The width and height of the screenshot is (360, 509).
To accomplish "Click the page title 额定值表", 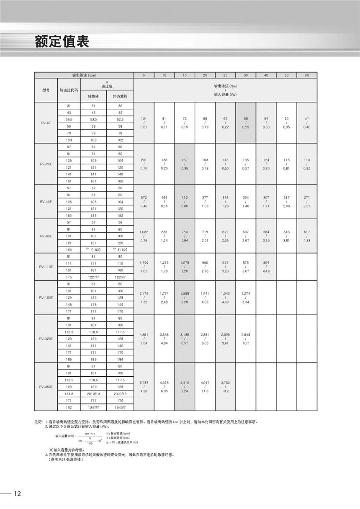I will [62, 42].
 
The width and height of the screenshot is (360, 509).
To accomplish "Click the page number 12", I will [17, 494].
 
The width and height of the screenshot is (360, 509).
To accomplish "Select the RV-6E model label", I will [46, 123].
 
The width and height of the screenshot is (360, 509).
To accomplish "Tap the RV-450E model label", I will [46, 387].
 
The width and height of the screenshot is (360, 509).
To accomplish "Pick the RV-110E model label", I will [46, 267].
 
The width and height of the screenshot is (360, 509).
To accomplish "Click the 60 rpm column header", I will [307, 75].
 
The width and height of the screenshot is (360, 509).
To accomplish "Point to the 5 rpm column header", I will [144, 75].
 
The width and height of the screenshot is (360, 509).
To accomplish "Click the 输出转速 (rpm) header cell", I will [84, 75].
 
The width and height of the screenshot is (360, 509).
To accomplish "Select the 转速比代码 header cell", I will [69, 90].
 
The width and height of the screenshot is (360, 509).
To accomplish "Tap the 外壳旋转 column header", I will [120, 96].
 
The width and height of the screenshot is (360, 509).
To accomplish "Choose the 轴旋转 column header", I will [93, 96].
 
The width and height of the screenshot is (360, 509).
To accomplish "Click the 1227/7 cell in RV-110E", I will [93, 277].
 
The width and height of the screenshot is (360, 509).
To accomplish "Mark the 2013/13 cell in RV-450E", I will [93, 394].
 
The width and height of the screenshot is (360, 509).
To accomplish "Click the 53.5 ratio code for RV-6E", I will [69, 120].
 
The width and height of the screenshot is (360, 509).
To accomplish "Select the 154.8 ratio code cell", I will [69, 394].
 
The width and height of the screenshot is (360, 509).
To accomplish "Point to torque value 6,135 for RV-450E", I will [144, 383].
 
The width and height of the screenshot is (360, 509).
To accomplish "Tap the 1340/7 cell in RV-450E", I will [120, 407].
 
